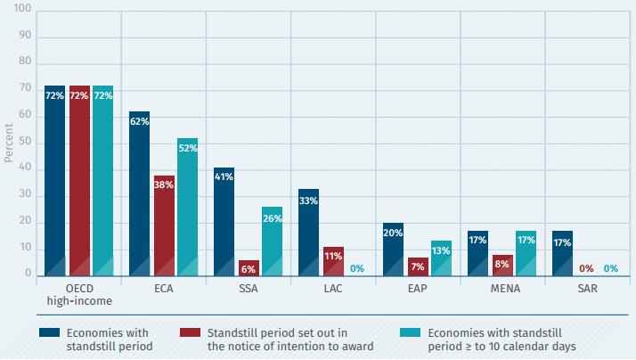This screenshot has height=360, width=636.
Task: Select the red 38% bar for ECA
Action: click(164, 226)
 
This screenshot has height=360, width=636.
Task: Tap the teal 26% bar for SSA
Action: click(272, 241)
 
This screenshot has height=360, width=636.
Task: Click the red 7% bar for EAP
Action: click(416, 266)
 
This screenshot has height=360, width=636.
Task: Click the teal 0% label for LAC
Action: click(356, 268)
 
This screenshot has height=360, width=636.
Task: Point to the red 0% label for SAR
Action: click(587, 268)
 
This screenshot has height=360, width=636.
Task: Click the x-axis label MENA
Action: click(502, 290)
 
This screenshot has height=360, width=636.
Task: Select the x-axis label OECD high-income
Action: click(78, 296)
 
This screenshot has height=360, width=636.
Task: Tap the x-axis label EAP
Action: click(417, 290)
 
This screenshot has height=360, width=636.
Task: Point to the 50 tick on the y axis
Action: click(26, 143)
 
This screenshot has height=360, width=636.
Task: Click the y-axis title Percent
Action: click(9, 144)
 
